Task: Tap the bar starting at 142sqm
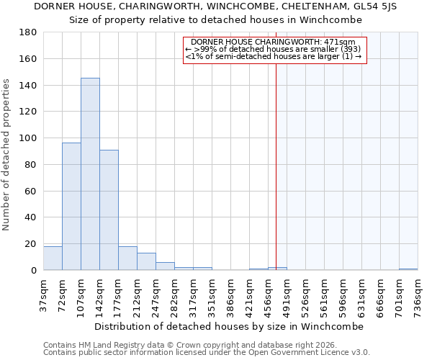click(109, 210)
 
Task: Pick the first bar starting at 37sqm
click(53, 258)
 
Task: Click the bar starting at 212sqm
click(146, 261)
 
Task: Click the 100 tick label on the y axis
click(28, 138)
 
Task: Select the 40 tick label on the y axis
click(31, 217)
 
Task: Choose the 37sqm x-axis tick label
click(43, 294)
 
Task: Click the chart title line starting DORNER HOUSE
click(215, 6)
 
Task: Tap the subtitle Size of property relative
click(215, 19)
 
